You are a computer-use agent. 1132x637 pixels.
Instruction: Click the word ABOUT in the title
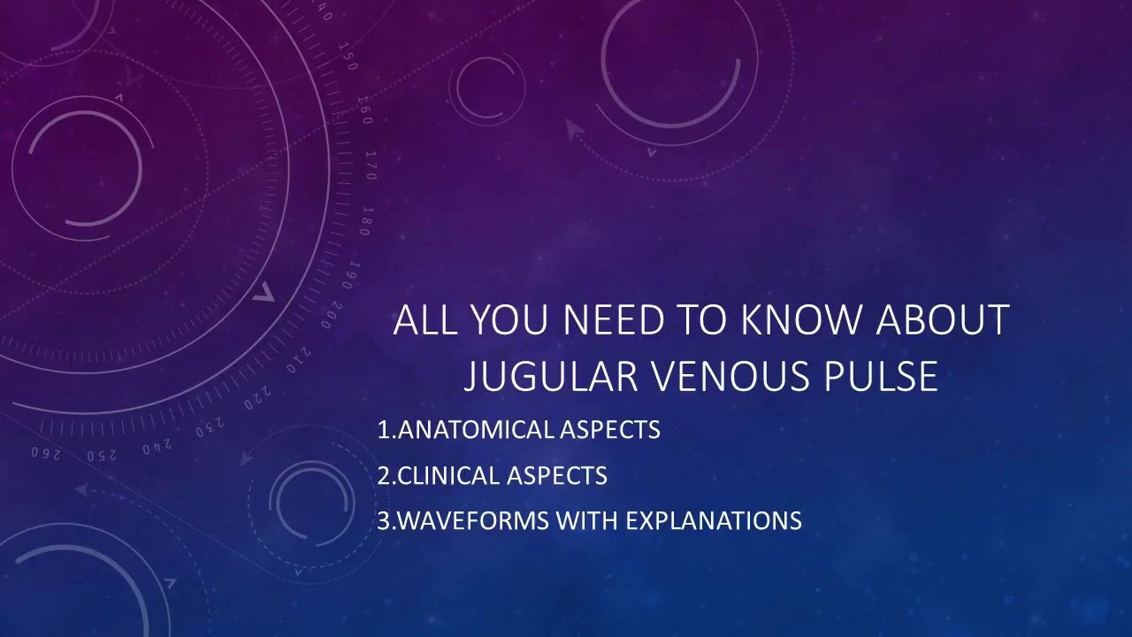(x=943, y=319)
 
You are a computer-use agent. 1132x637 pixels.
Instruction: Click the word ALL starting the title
(x=425, y=319)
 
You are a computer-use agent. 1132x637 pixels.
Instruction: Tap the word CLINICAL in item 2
(x=448, y=476)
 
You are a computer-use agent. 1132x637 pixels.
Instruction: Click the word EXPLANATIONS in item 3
(x=714, y=521)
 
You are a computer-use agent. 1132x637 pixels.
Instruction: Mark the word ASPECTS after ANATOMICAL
(x=610, y=430)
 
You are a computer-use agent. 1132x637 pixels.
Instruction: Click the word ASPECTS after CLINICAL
(x=557, y=476)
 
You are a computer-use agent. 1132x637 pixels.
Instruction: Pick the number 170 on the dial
(x=371, y=165)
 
